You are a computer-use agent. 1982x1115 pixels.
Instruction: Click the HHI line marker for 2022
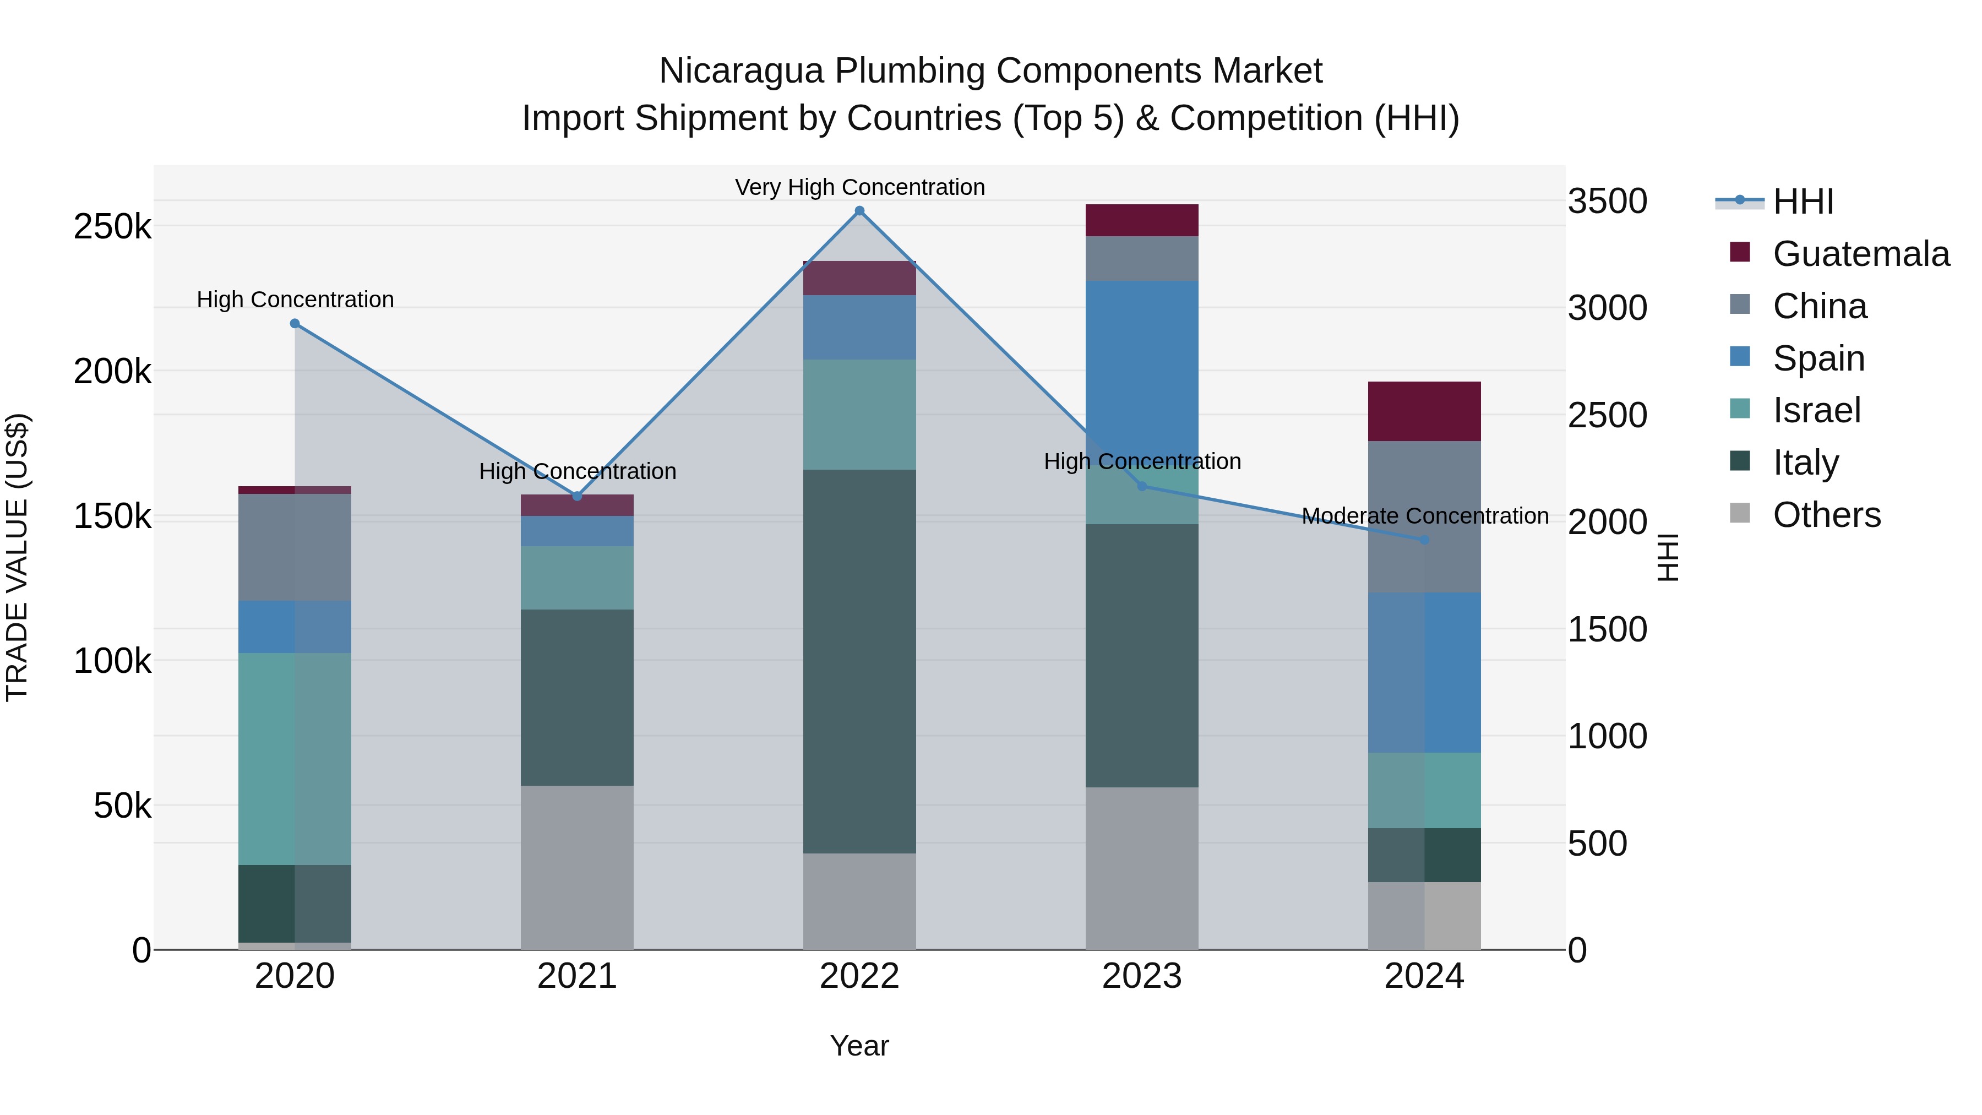[859, 211]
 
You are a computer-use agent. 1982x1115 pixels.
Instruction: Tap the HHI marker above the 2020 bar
[295, 324]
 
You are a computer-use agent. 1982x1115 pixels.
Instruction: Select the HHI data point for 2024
[1424, 540]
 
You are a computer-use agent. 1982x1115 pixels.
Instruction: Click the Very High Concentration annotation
[859, 187]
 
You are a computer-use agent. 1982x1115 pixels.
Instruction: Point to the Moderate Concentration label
[1425, 515]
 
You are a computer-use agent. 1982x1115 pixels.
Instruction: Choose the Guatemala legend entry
[1860, 254]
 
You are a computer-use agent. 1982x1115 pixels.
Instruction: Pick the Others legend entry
[1827, 515]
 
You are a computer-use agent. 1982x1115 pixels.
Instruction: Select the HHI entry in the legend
[1803, 202]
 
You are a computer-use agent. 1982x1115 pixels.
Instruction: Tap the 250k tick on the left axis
[112, 227]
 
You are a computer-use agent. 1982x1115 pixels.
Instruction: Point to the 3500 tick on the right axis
[1607, 202]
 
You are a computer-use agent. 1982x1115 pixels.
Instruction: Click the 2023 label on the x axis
[1142, 976]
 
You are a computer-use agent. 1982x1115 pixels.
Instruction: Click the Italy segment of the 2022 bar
[859, 662]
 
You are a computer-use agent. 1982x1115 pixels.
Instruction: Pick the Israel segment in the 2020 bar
[295, 759]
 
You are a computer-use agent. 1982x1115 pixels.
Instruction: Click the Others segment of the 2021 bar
[577, 867]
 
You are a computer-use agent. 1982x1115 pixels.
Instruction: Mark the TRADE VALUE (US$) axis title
[17, 557]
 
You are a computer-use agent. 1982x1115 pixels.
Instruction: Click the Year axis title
[859, 1046]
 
